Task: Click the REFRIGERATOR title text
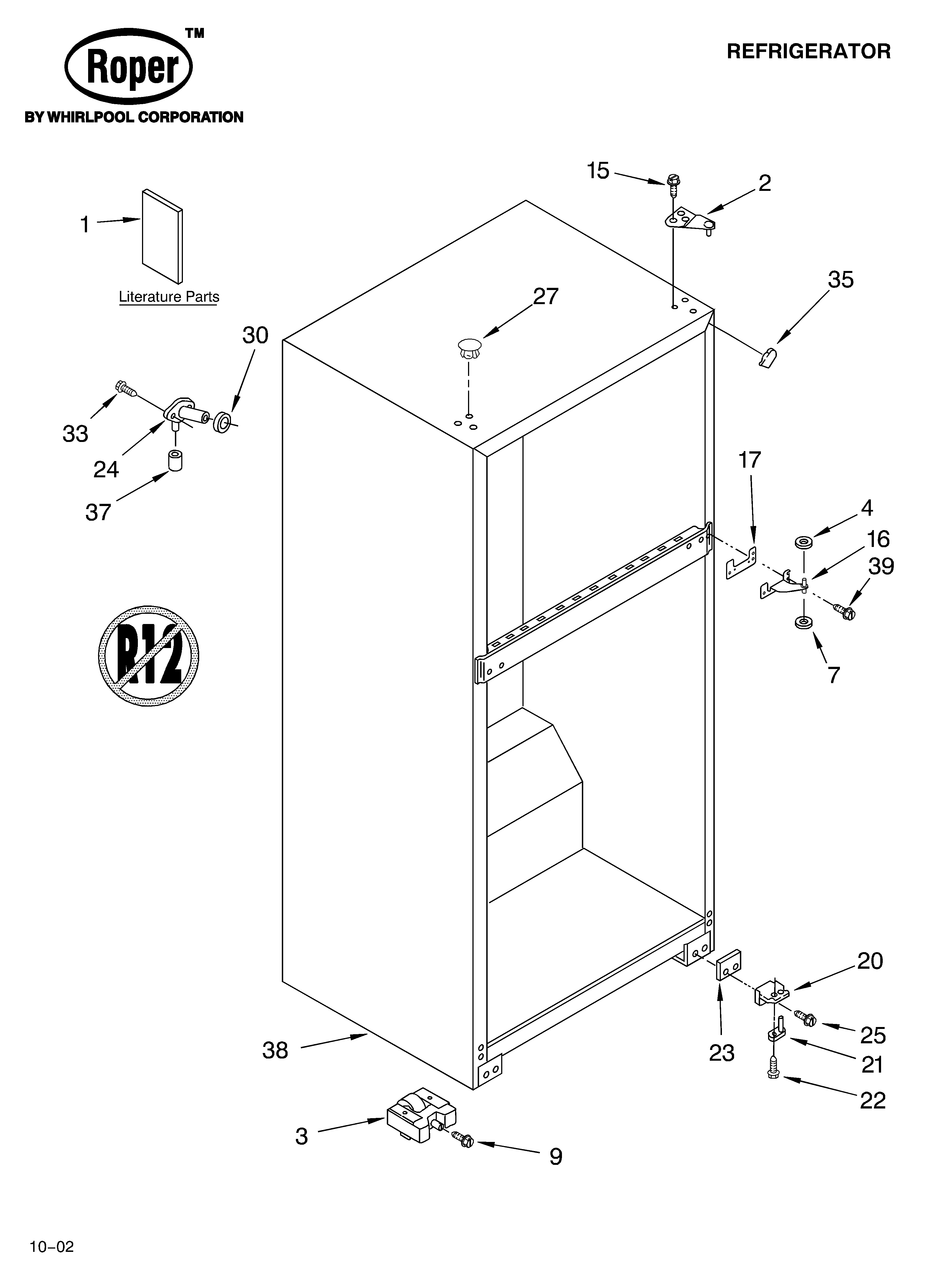808,52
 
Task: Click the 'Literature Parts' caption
169,297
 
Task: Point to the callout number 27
545,296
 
